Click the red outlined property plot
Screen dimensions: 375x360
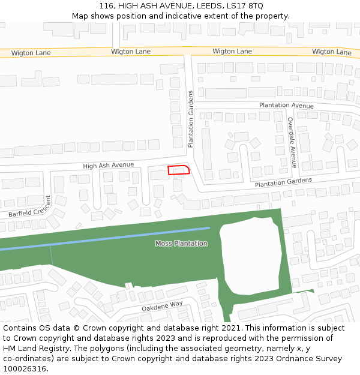(x=178, y=170)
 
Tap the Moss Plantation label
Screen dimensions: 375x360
(x=181, y=244)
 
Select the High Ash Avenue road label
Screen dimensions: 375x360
(x=108, y=165)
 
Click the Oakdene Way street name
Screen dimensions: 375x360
(x=162, y=305)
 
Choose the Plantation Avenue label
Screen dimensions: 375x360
(x=286, y=106)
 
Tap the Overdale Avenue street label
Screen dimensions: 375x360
(x=292, y=142)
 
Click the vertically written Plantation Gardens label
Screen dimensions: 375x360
(x=191, y=119)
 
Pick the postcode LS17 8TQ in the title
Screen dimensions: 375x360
(x=245, y=5)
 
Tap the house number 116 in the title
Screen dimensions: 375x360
(x=106, y=5)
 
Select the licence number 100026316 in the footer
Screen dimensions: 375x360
(x=25, y=368)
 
